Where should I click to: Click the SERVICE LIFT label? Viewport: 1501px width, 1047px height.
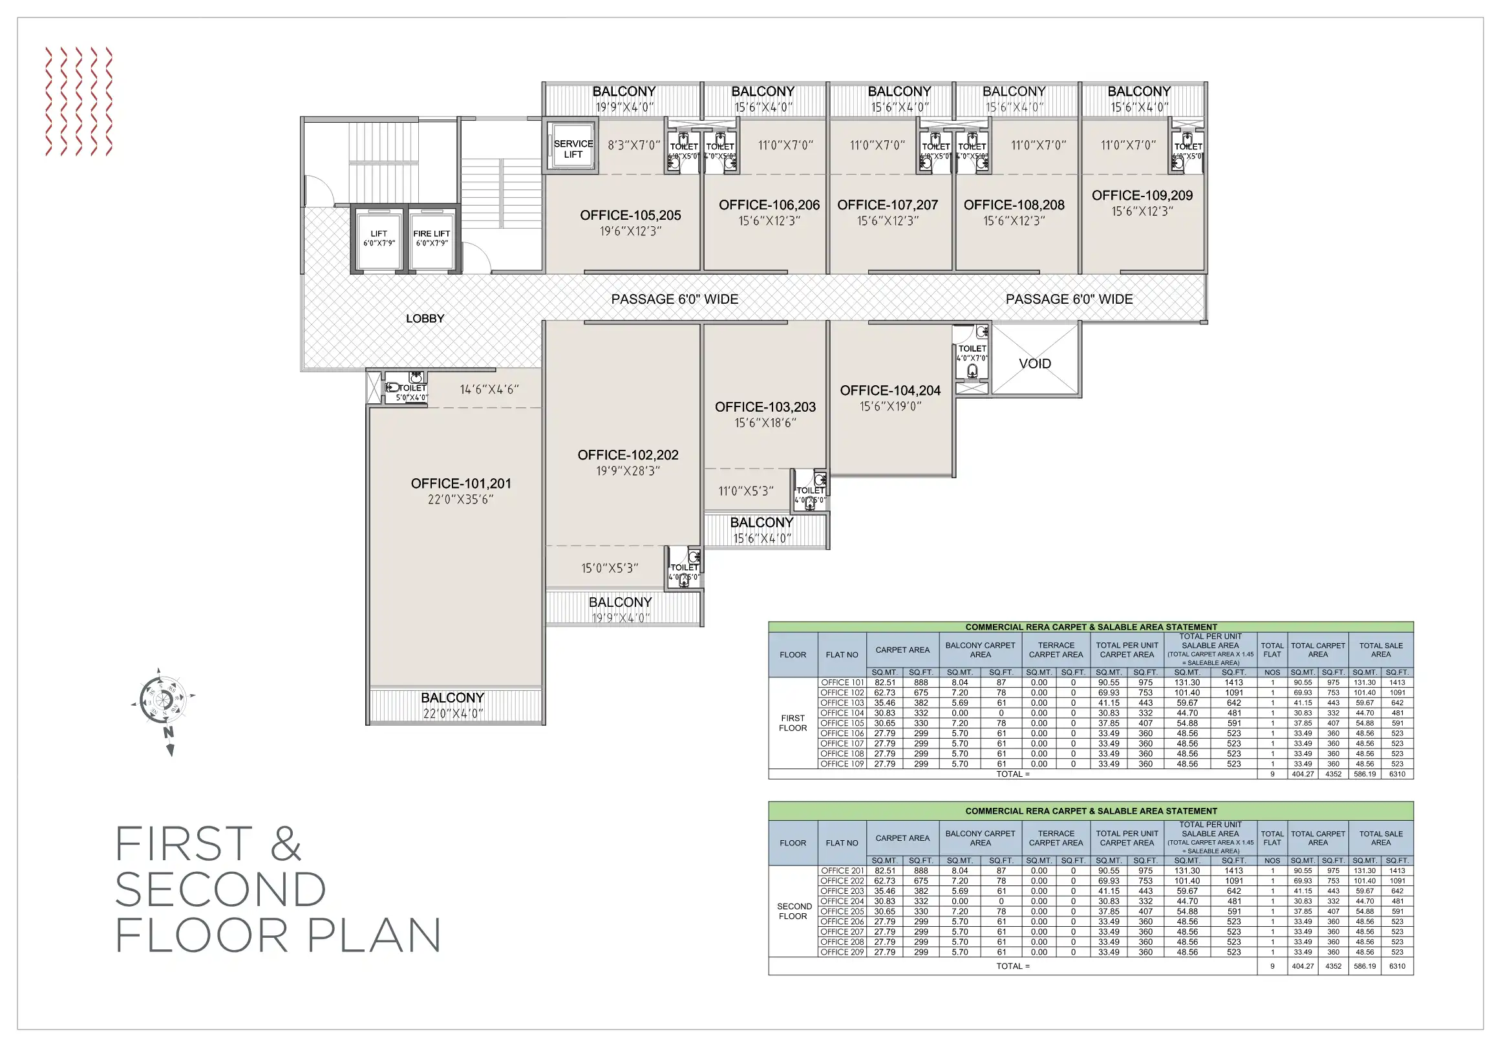pyautogui.click(x=573, y=149)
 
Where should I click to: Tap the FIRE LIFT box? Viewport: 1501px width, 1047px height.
pyautogui.click(x=431, y=238)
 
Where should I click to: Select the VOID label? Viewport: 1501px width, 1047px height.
pyautogui.click(x=1035, y=363)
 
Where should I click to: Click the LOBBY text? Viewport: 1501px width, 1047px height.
pyautogui.click(x=425, y=318)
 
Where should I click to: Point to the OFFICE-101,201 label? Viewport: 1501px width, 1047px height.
pyautogui.click(x=461, y=483)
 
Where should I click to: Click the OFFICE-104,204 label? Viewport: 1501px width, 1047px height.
pyautogui.click(x=889, y=390)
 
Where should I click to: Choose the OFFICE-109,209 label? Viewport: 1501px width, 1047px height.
pyautogui.click(x=1142, y=195)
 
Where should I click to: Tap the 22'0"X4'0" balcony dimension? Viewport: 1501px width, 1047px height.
pyautogui.click(x=453, y=714)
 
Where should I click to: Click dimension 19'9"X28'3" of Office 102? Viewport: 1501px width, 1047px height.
pyautogui.click(x=628, y=471)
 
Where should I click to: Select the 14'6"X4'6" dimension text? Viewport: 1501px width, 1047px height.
pyautogui.click(x=489, y=390)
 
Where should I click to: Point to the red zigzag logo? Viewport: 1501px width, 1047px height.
pyautogui.click(x=79, y=101)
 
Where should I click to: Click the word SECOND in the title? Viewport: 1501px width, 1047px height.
pyautogui.click(x=220, y=889)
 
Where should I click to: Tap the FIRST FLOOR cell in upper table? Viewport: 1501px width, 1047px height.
pyautogui.click(x=793, y=723)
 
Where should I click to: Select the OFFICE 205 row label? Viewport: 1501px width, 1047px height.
pyautogui.click(x=842, y=911)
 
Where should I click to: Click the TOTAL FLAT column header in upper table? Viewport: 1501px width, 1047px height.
pyautogui.click(x=1272, y=650)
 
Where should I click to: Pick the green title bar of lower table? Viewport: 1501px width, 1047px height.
pyautogui.click(x=1091, y=811)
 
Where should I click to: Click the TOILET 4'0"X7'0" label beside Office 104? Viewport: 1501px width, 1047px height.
pyautogui.click(x=972, y=353)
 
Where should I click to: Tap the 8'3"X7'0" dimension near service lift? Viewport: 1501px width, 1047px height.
pyautogui.click(x=633, y=145)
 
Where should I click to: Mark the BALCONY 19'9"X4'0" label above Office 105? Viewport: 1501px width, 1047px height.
pyautogui.click(x=624, y=99)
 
